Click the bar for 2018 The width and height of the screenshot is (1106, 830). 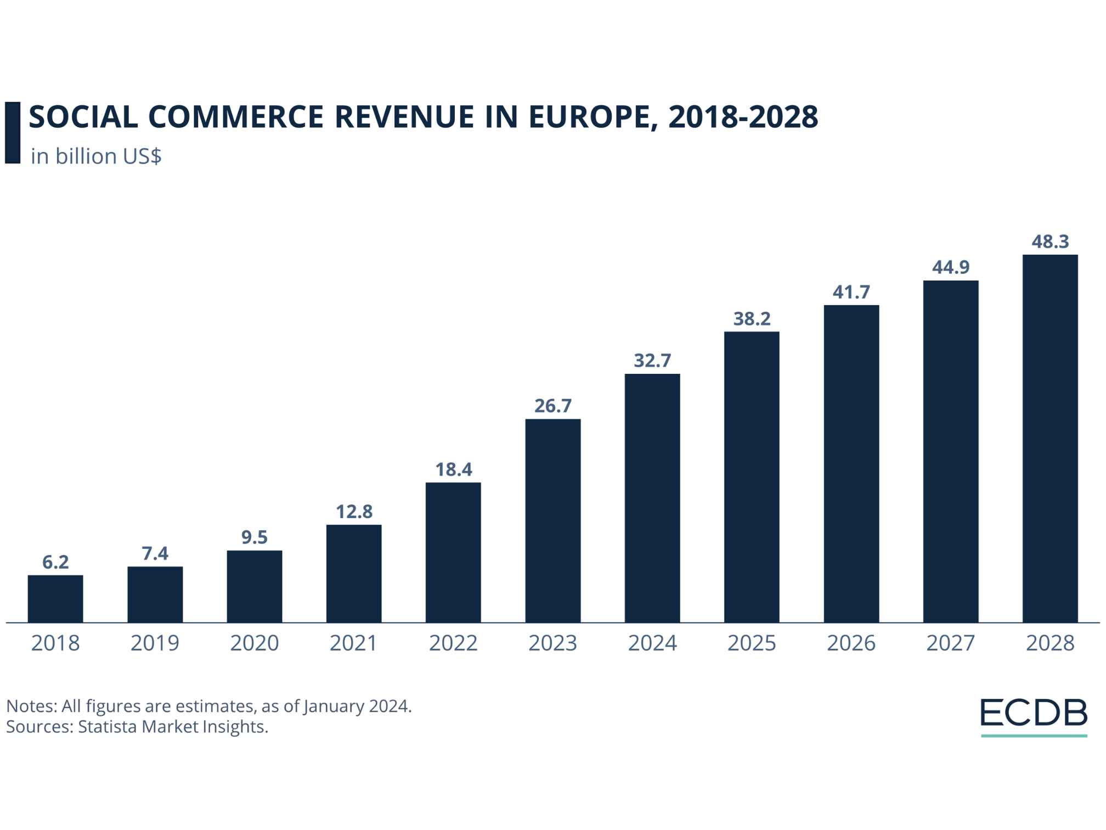(x=55, y=598)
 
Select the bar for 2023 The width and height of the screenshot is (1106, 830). (x=552, y=520)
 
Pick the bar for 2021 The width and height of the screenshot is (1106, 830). (x=354, y=573)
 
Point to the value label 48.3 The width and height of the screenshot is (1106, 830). (x=1050, y=242)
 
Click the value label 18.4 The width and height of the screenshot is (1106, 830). (x=453, y=470)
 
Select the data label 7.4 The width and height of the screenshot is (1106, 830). (x=155, y=554)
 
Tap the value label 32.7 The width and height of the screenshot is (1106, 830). (x=652, y=361)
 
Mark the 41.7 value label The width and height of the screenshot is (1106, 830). (x=851, y=292)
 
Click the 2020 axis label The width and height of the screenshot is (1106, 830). (x=254, y=643)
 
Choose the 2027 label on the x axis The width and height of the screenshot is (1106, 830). (x=950, y=643)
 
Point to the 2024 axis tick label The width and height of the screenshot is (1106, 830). (x=652, y=643)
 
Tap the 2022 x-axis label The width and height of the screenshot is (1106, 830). (x=453, y=643)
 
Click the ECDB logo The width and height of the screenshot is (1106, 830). (x=1034, y=715)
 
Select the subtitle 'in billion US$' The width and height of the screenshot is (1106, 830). (x=96, y=156)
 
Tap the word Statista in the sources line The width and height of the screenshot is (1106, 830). (x=108, y=727)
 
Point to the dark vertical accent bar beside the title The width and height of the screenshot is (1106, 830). (x=12, y=132)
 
